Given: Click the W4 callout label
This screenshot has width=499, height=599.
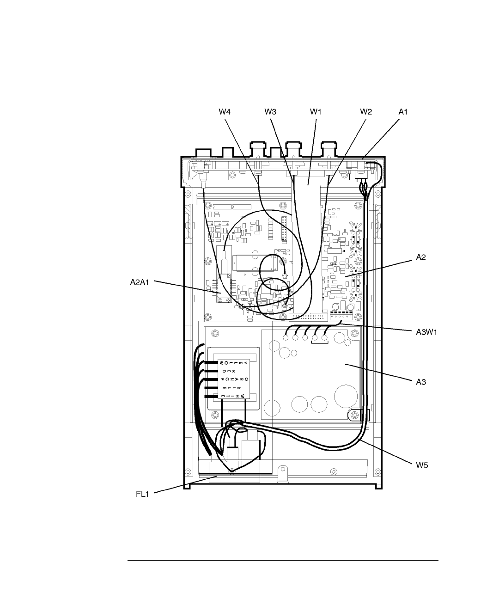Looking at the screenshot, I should point(225,111).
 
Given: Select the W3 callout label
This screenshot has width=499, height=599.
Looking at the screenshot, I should point(270,111).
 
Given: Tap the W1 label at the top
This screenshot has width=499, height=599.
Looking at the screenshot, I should point(315,111).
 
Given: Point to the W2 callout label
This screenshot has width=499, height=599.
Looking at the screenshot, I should point(365,111).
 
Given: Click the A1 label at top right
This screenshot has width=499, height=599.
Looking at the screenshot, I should point(404,111).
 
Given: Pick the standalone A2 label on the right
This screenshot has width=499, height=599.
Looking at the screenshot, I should point(420,258).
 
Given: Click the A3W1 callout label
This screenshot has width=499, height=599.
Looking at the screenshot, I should point(424,331).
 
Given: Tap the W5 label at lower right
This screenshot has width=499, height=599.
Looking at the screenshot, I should point(421,465).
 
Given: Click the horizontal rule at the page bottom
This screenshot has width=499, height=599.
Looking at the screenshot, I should point(283,561).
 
